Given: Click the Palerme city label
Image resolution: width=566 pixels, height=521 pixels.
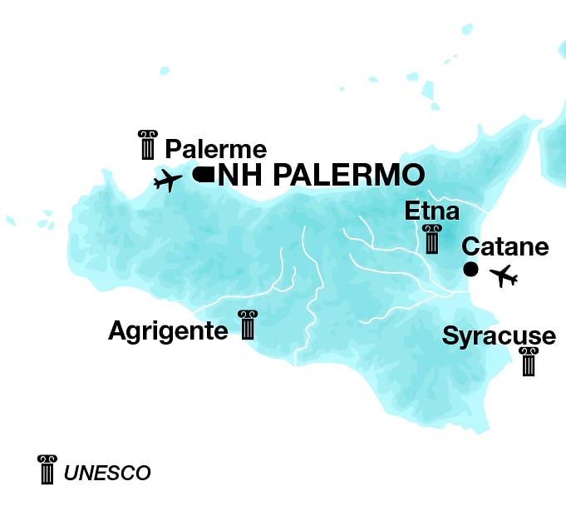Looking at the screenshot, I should coord(216,150).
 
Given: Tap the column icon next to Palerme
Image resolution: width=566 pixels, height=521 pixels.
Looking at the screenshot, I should coord(148,145).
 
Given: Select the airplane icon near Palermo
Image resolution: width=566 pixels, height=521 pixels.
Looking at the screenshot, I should coord(168,180).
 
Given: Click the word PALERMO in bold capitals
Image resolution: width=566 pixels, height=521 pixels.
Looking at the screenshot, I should coord(349,175).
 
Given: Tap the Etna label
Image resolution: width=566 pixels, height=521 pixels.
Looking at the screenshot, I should coord(431,211).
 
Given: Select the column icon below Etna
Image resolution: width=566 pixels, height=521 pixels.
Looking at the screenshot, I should coord(431,240).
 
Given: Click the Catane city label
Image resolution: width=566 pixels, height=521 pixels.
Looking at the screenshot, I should coord(505,247).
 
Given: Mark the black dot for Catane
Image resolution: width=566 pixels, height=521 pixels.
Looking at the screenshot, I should coord(470,269).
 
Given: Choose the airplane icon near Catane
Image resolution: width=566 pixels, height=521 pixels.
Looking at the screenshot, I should coord(504,275).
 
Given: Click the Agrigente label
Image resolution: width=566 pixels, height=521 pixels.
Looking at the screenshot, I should coord(168,331).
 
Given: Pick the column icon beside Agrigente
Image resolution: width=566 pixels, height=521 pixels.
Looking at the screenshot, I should coord(247,325).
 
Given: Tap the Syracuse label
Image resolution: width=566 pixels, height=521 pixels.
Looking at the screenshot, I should coord(499,336).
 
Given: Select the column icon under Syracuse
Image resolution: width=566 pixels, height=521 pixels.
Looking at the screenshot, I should coord(528,362).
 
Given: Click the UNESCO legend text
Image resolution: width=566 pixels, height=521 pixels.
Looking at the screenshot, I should coord(107,474).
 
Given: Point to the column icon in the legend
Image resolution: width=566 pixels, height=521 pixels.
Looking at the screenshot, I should coord(47,469).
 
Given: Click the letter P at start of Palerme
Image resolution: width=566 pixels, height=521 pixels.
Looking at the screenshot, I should coord(173,150).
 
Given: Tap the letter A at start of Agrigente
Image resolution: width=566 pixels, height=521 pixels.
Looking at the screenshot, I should coord(117,331).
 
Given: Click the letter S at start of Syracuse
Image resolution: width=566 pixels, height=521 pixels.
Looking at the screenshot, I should coord(450,336).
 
